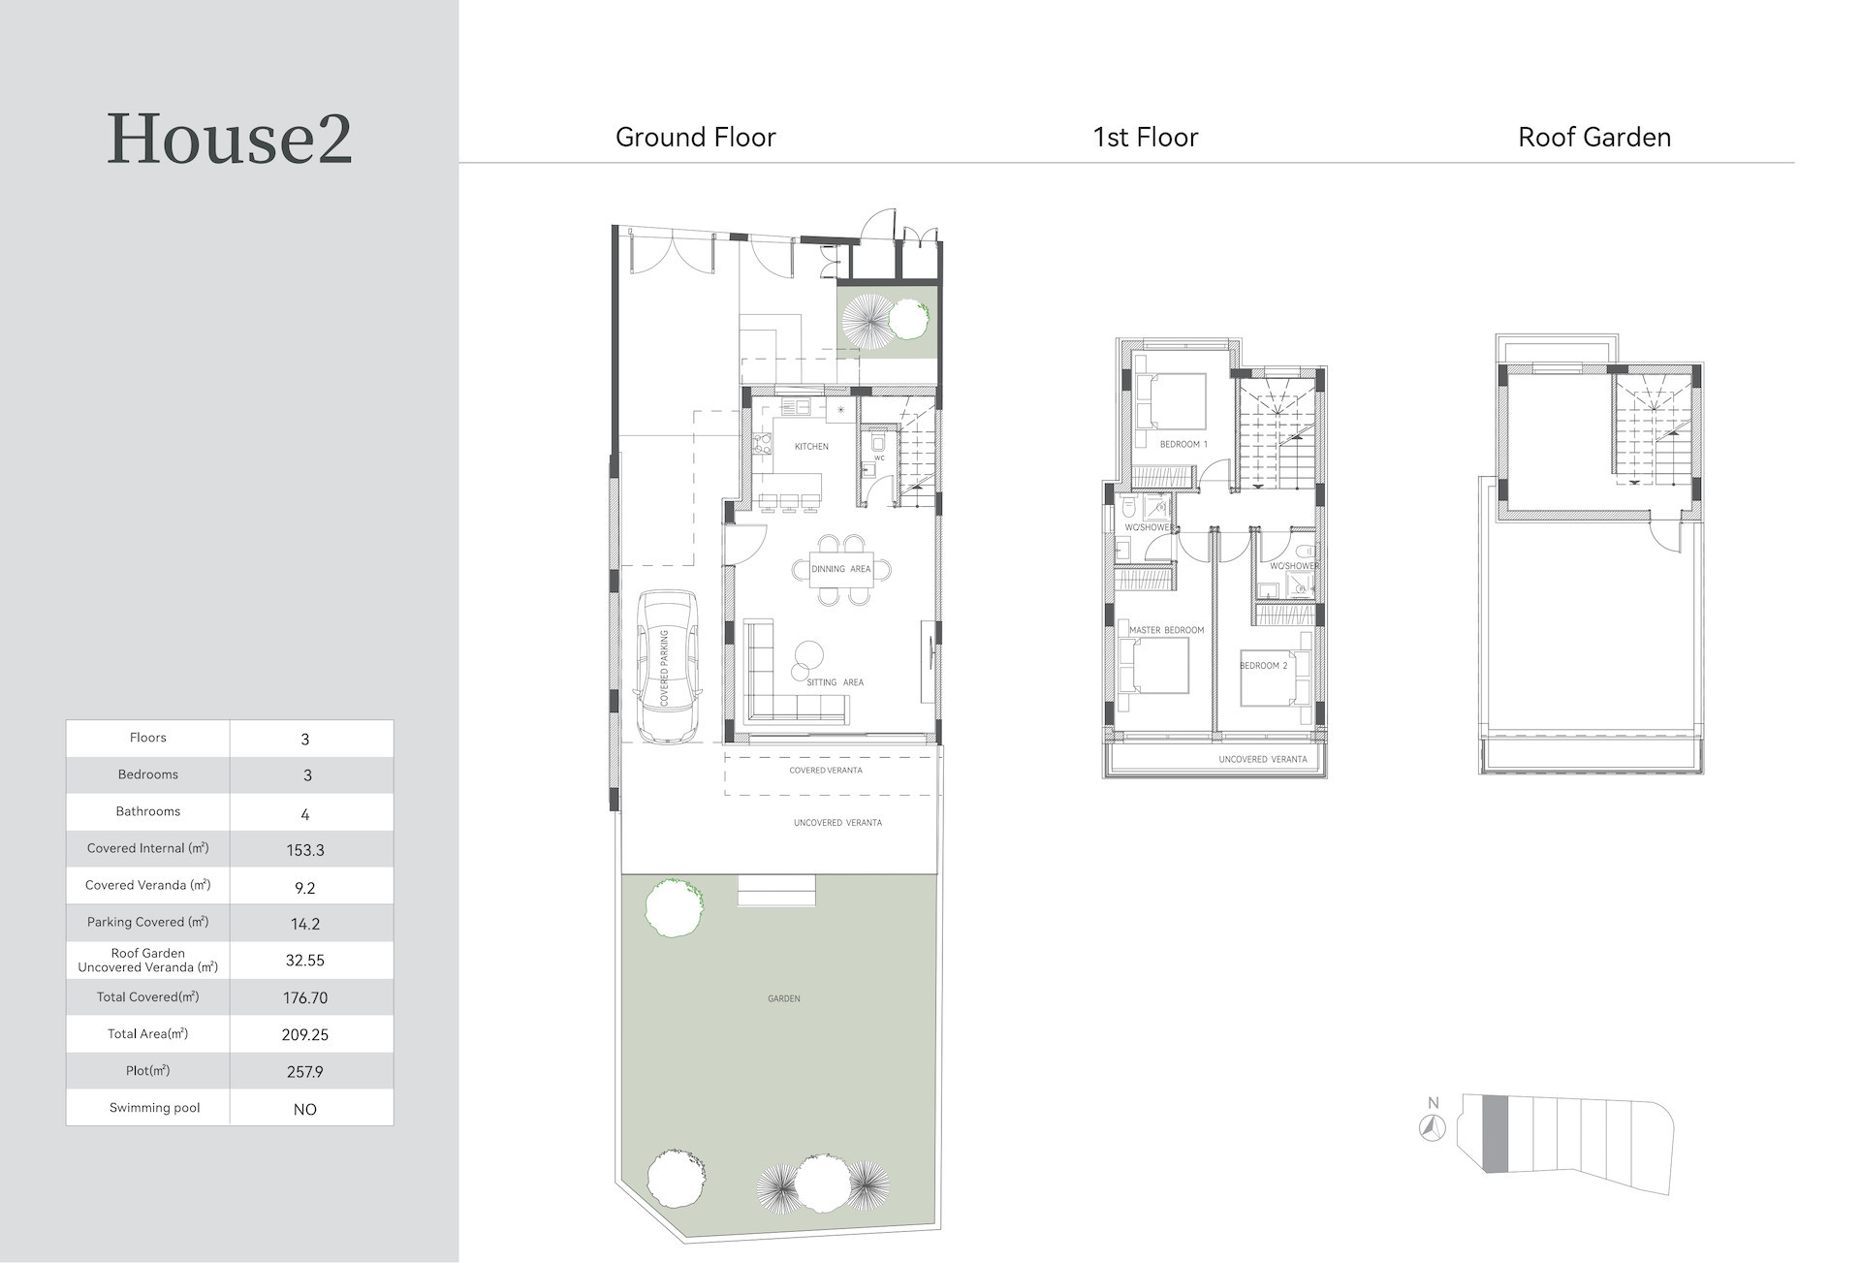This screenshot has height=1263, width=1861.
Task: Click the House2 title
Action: click(229, 139)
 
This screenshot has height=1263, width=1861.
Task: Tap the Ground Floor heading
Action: click(696, 138)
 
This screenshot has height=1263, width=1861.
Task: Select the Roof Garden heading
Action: click(1594, 138)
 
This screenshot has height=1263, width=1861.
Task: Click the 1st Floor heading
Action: click(1146, 138)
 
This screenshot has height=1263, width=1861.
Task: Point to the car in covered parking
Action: click(668, 667)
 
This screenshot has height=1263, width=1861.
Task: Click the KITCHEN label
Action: click(811, 447)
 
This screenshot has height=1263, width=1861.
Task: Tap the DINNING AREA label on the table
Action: click(841, 569)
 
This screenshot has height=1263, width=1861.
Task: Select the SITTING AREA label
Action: click(835, 682)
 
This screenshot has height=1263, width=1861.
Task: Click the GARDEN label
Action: click(784, 998)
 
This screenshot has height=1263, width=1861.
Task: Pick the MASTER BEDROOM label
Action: click(1167, 630)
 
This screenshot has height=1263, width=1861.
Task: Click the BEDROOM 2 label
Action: click(1264, 666)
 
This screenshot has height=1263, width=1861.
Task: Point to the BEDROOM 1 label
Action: click(1183, 445)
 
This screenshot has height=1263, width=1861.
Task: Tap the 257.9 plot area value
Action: click(305, 1072)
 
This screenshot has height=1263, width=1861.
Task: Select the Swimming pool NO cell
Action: click(305, 1109)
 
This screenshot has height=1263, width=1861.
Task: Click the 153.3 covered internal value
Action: click(305, 850)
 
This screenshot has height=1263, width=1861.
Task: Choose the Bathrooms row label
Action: click(148, 811)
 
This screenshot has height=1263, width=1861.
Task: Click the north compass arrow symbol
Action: click(1433, 1127)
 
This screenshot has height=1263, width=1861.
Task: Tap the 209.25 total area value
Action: click(305, 1035)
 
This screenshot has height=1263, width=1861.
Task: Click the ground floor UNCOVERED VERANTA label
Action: click(837, 823)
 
